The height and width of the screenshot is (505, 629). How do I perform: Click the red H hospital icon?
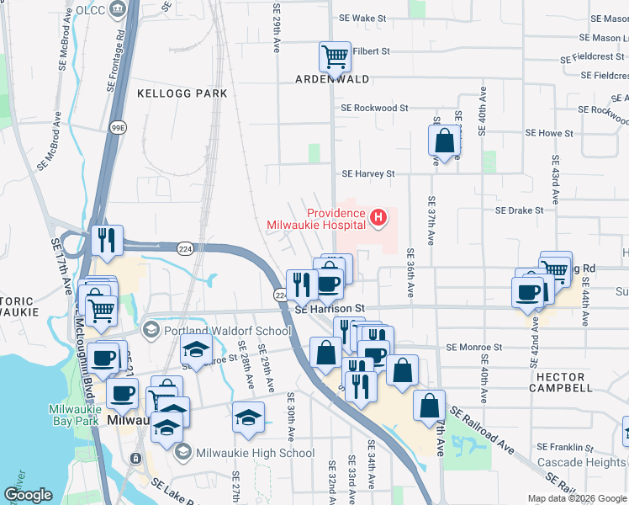click(378, 219)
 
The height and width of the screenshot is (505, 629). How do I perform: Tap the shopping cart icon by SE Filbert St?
click(335, 57)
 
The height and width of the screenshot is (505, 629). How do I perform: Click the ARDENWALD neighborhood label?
click(331, 79)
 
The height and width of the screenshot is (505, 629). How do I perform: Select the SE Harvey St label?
click(367, 173)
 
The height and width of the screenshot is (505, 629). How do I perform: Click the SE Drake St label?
click(520, 210)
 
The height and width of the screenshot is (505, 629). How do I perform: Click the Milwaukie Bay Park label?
click(75, 414)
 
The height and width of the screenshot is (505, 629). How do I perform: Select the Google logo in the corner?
click(29, 495)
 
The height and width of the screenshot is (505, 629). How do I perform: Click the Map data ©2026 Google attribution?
click(576, 498)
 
